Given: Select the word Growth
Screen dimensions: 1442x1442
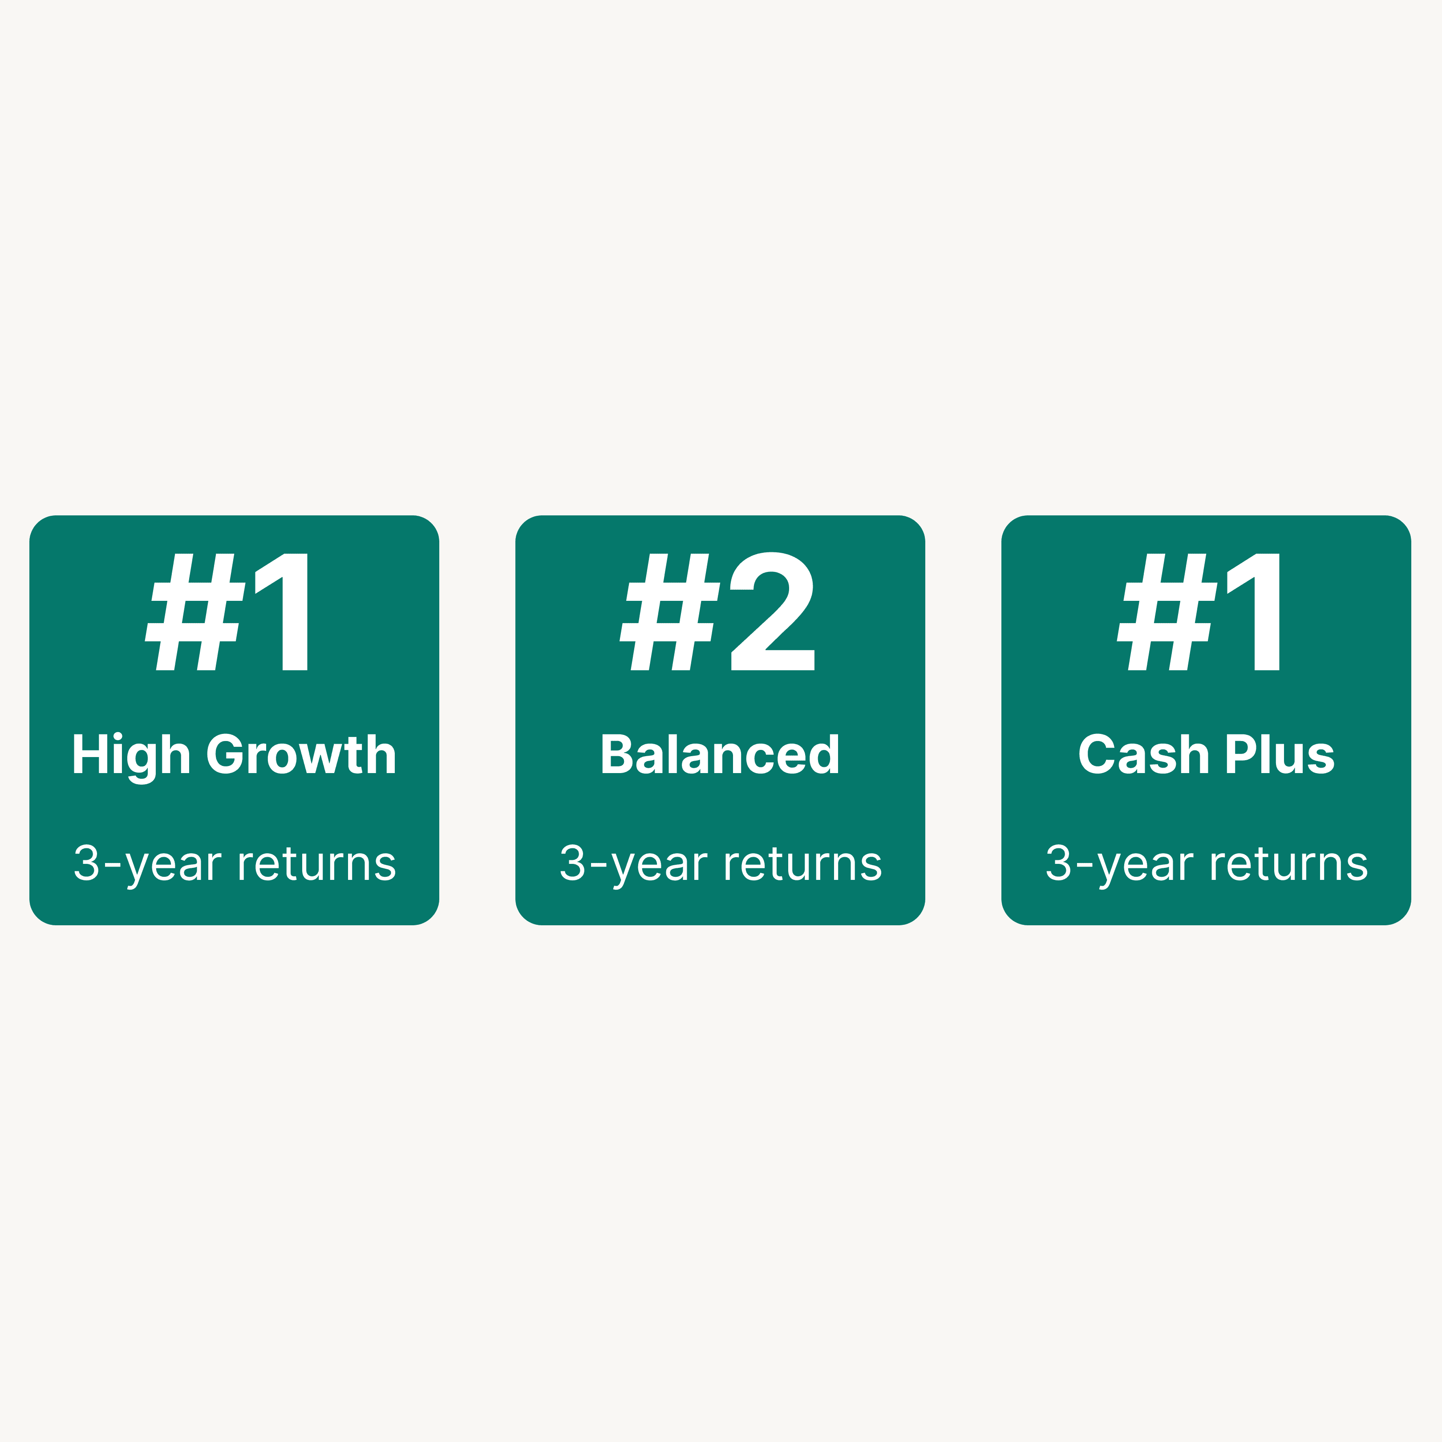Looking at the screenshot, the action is (x=301, y=754).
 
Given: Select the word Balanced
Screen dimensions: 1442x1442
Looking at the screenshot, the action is (x=720, y=754).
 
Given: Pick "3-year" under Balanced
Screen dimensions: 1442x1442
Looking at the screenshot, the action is (x=634, y=866).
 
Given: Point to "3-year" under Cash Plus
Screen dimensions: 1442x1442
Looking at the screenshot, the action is (x=1120, y=866).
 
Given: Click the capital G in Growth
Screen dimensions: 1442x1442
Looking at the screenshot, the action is (x=225, y=754).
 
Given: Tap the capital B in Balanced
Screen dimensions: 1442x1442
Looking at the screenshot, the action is (x=618, y=754).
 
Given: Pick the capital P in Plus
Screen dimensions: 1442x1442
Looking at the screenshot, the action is (x=1243, y=754).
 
